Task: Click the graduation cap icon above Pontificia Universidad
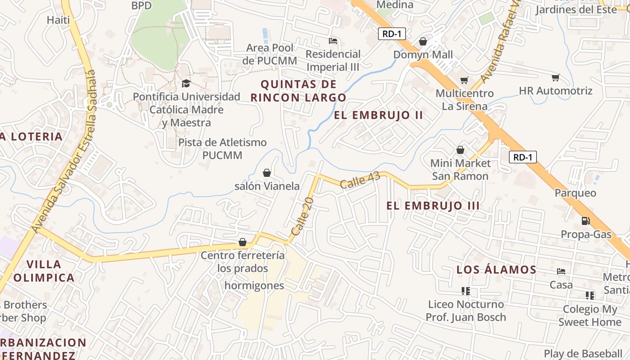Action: (185, 84)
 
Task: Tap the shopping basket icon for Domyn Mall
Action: (423, 42)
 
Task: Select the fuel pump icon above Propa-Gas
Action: (585, 220)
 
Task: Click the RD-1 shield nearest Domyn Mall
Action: (392, 34)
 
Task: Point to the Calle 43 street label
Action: (360, 180)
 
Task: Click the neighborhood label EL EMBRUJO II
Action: (378, 115)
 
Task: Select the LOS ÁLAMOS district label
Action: (496, 270)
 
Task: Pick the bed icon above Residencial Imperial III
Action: (333, 41)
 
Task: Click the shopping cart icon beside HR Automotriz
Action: (556, 77)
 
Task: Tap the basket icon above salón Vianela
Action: (267, 173)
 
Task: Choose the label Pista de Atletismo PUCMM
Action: (222, 149)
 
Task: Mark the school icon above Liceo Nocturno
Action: (466, 291)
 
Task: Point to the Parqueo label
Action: (575, 193)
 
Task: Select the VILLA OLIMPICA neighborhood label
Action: (44, 271)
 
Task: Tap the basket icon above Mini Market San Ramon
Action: (460, 150)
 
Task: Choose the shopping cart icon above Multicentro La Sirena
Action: (464, 80)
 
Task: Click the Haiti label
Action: (58, 20)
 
